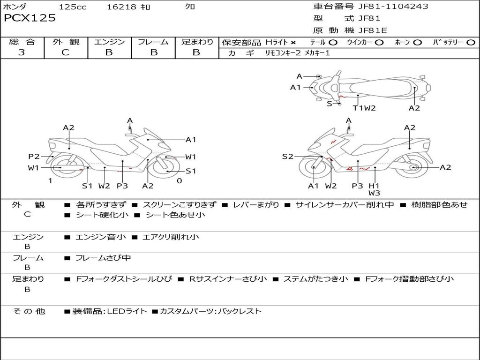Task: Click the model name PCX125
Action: click(30, 18)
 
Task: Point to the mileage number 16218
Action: click(121, 7)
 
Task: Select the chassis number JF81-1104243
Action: click(387, 7)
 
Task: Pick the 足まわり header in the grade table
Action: click(197, 42)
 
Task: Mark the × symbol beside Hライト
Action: click(293, 42)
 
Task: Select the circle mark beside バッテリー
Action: click(471, 42)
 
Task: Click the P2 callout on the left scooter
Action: click(34, 157)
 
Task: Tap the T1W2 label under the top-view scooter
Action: click(364, 108)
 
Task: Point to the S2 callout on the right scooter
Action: click(287, 157)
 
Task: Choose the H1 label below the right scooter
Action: click(374, 186)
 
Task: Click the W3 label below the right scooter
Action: click(374, 193)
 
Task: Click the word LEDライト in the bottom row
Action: click(127, 311)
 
